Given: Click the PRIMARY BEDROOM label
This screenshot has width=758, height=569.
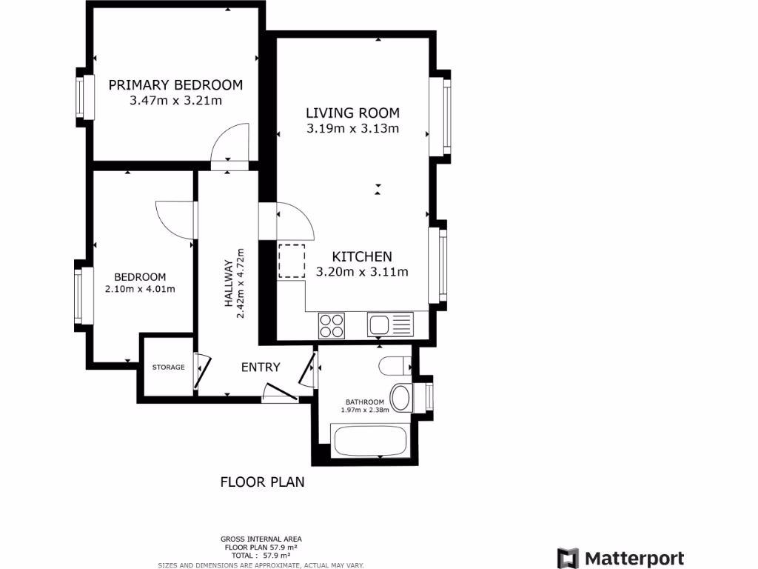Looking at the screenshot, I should click(x=175, y=84).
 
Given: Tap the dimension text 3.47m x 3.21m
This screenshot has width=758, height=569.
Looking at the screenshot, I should click(x=175, y=101).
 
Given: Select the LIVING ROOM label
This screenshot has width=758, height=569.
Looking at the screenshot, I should click(x=353, y=113).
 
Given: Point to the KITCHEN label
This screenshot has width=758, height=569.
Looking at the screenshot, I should click(x=362, y=256).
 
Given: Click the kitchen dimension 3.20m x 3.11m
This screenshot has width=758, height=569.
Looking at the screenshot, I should click(x=362, y=272).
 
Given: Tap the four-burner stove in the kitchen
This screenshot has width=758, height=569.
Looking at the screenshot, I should click(x=332, y=325).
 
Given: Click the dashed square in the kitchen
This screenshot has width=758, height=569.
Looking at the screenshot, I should click(x=292, y=261).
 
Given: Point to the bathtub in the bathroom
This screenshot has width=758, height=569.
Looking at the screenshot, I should click(x=369, y=441).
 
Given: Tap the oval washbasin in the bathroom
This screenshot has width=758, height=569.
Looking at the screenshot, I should click(x=402, y=397).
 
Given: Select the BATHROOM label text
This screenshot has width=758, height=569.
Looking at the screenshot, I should click(x=363, y=402).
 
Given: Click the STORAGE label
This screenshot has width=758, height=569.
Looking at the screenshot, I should click(x=168, y=367).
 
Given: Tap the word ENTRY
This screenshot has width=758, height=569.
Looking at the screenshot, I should click(x=261, y=367).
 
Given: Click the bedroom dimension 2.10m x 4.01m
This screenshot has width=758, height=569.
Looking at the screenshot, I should click(x=140, y=289).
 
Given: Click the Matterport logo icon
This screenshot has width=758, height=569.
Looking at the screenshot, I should click(x=568, y=558).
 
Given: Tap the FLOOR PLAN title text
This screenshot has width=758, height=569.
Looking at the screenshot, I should click(x=262, y=482).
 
